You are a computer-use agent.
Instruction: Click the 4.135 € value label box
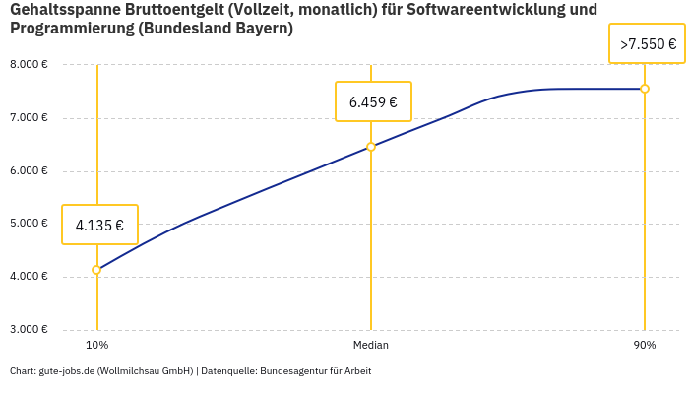pos(99,225)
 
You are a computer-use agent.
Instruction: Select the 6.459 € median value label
pos(373,101)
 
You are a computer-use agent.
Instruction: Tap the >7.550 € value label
pos(648,44)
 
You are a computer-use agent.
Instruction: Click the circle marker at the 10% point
pos(96,270)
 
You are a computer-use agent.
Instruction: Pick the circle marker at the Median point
pos(371,147)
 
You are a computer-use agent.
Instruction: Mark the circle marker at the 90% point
pos(645,89)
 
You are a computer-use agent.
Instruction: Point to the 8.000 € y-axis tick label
pos(29,65)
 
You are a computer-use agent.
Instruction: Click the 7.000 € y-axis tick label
pos(29,118)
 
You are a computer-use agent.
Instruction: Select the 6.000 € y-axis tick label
pos(29,170)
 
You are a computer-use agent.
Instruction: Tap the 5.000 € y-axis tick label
pos(29,224)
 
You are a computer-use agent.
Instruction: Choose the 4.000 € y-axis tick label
pos(29,277)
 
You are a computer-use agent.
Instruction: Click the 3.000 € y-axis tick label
pos(29,329)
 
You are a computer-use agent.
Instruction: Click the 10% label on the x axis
pos(96,346)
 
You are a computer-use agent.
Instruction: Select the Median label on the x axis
pos(371,346)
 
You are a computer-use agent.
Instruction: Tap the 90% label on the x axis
pos(645,346)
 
